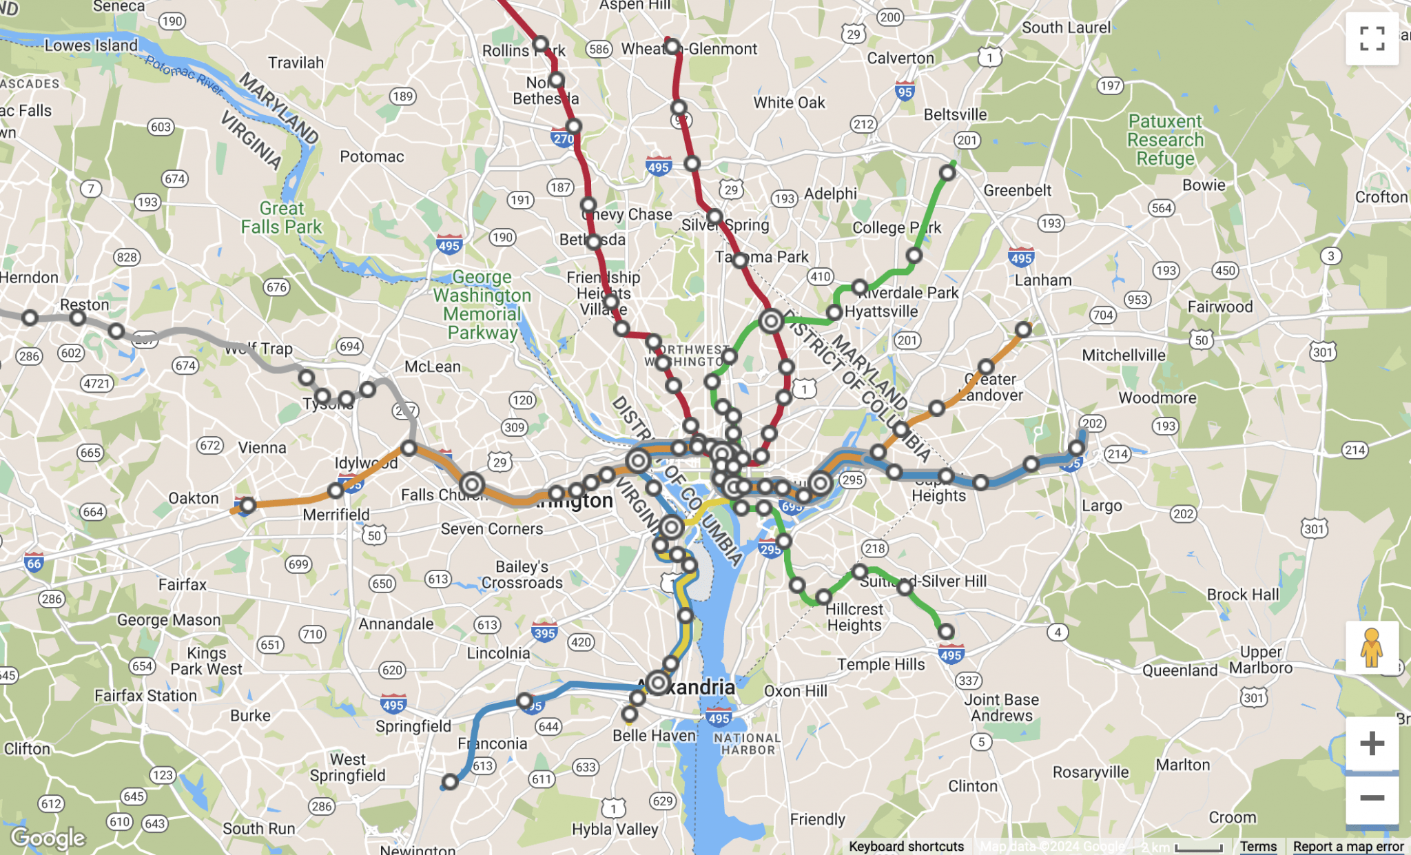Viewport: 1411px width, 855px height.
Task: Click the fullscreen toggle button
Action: [1371, 39]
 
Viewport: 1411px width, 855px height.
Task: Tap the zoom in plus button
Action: [1371, 743]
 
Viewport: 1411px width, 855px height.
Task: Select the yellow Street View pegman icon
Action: [1371, 648]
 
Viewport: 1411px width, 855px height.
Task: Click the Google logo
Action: [48, 838]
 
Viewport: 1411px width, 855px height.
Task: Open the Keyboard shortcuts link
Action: [906, 846]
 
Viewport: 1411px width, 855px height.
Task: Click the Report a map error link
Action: [1348, 846]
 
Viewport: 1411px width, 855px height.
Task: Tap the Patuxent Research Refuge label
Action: [1165, 140]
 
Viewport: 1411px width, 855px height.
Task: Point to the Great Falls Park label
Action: [281, 217]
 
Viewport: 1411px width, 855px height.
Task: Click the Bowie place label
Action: [1204, 185]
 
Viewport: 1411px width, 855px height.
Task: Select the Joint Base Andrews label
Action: [1001, 708]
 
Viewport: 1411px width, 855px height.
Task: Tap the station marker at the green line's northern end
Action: [947, 172]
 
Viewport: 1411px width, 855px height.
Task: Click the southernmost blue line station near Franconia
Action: [450, 782]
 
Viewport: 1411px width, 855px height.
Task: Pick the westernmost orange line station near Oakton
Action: [248, 505]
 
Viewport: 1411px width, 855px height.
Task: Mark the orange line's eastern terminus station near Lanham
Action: [1023, 330]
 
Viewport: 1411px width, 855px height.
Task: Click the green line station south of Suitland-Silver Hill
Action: [946, 632]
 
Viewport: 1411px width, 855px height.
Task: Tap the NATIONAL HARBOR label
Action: [748, 743]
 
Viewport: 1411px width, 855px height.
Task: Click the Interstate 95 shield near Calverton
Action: [905, 92]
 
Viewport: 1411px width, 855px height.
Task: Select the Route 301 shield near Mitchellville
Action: [1322, 352]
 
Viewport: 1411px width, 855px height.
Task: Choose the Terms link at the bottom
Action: [1258, 846]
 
